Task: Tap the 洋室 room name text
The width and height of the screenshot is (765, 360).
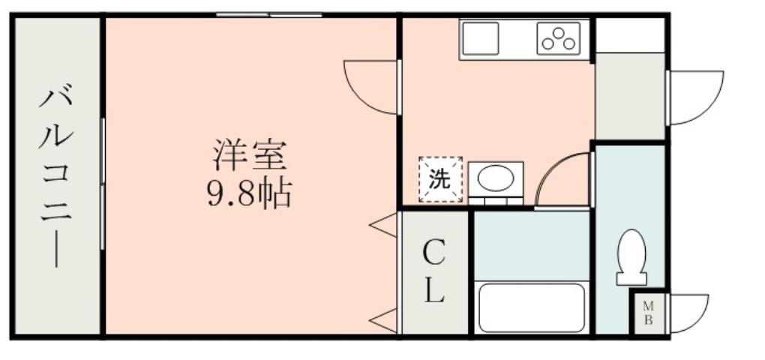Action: click(x=248, y=157)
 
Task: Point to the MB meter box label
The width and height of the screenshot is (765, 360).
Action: click(x=649, y=312)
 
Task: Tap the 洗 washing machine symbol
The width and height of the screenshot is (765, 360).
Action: click(x=440, y=180)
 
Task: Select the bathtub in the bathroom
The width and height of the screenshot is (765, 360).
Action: click(x=532, y=307)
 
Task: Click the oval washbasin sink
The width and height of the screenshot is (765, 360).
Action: click(x=496, y=179)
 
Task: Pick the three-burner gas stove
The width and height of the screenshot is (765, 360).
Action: click(x=559, y=39)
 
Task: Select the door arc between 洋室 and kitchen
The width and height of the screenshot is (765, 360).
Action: click(x=371, y=86)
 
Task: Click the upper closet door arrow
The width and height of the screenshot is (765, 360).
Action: click(x=384, y=224)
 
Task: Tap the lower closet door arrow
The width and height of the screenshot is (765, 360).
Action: click(x=384, y=321)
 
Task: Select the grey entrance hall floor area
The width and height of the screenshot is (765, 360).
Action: click(x=630, y=95)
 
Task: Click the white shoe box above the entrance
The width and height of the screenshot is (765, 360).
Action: click(x=630, y=34)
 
